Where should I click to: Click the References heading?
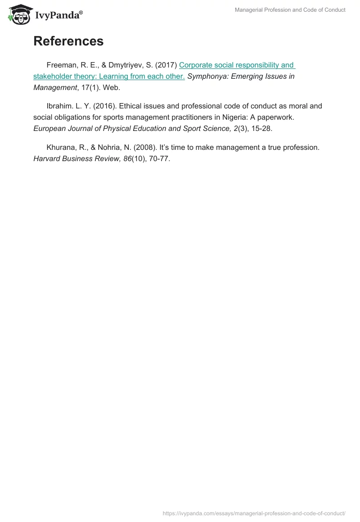pyautogui.click(x=68, y=41)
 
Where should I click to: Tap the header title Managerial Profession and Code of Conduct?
pyautogui.click(x=290, y=10)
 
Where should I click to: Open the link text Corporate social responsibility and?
pyautogui.click(x=236, y=65)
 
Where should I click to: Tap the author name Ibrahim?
pyautogui.click(x=60, y=106)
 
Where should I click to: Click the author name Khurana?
pyautogui.click(x=61, y=147)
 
